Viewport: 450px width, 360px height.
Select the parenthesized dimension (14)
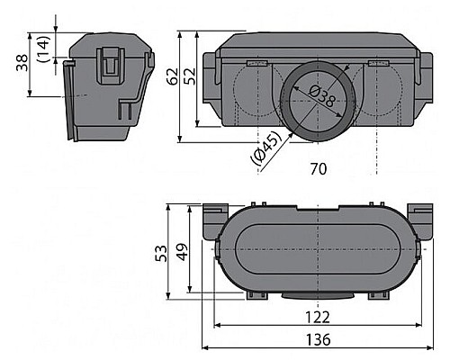(42, 49)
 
